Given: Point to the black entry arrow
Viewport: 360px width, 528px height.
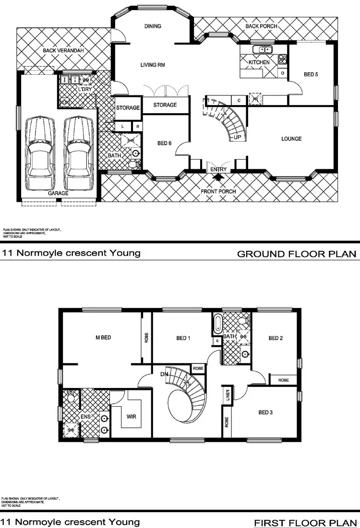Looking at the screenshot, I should click(x=218, y=177).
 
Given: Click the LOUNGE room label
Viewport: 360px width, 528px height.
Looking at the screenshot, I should click(x=291, y=139).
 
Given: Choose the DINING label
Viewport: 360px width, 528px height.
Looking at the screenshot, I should click(x=153, y=26).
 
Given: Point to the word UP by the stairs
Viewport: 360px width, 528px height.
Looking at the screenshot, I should click(x=237, y=137).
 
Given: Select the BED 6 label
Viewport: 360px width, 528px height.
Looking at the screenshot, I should click(x=164, y=143).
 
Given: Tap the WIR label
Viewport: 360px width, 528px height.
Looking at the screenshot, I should click(x=131, y=416).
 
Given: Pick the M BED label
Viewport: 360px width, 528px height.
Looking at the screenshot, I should click(x=103, y=338).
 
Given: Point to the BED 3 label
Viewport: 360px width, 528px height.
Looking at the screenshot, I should click(x=265, y=412).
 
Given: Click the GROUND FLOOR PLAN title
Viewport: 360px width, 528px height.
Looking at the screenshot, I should click(x=297, y=254).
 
